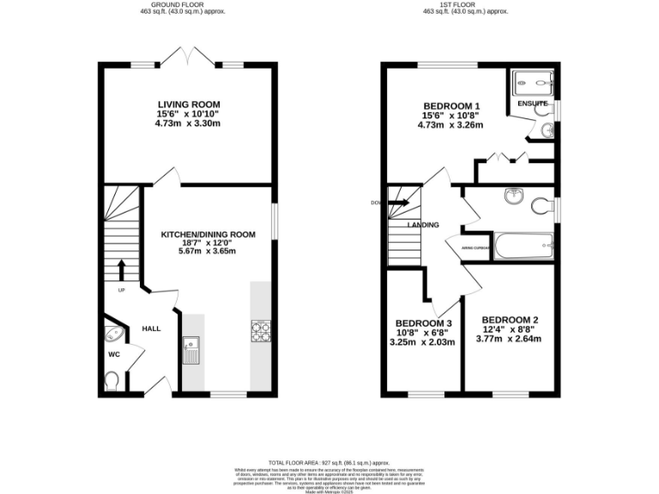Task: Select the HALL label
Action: pos(151,328)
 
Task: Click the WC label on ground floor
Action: pos(114,353)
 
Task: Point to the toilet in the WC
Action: pos(112,378)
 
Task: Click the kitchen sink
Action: pos(190,350)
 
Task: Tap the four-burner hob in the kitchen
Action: pos(260,331)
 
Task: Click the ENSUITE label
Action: pos(532,104)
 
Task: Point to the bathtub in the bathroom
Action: pos(523,247)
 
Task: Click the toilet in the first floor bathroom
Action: pos(541,206)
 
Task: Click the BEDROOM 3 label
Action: pos(423,323)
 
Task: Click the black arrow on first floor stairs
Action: pos(399,203)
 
